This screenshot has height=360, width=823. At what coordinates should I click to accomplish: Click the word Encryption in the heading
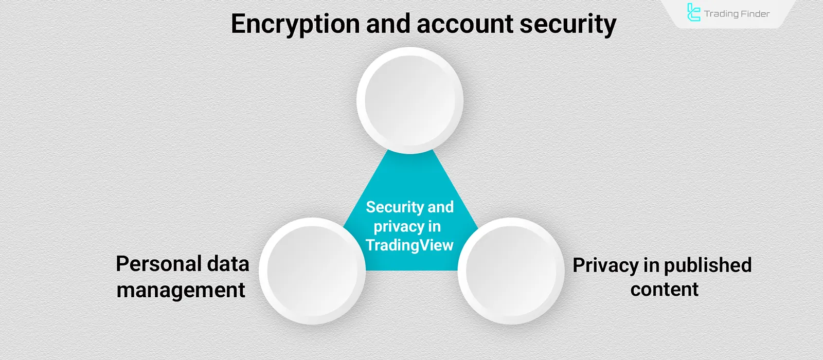point(295,24)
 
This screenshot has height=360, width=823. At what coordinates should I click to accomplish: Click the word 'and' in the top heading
point(389,24)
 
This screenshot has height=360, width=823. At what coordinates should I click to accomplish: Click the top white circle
point(410,100)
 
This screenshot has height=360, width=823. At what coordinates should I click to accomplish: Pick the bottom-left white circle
point(312,271)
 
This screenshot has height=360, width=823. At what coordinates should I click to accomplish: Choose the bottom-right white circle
point(511,271)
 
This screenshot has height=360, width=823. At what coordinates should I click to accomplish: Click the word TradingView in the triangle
point(409,245)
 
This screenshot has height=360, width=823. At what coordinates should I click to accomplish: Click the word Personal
point(157,264)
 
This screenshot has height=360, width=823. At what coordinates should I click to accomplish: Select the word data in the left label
point(228,264)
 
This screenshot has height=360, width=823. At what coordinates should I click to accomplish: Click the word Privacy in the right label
point(605,266)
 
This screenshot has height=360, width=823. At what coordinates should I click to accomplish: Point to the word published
point(708,266)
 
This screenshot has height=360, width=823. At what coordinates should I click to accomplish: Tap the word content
point(664,290)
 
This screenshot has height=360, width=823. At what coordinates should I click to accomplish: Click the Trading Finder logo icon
point(693,13)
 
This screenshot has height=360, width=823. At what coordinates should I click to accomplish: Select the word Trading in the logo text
point(721,14)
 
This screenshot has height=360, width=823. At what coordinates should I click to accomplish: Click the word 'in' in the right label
point(651,266)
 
